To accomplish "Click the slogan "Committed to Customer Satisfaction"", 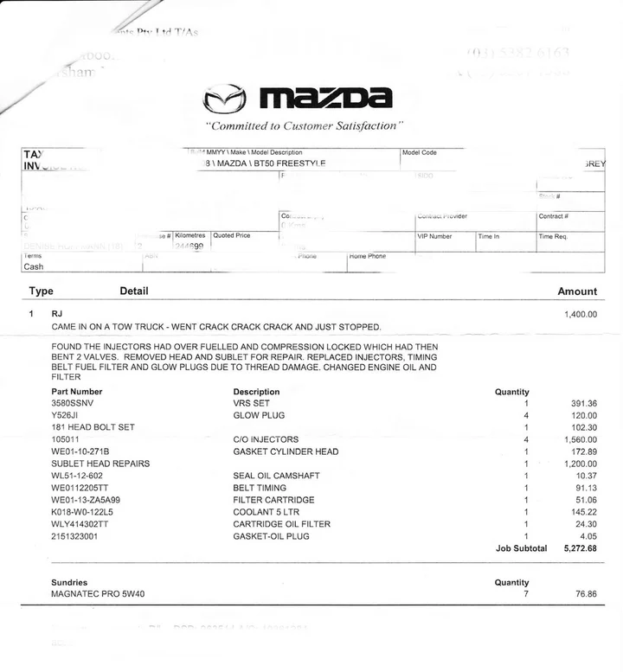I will coord(305,125).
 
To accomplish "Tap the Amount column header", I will coord(577,292).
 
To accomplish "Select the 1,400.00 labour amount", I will coord(580,314).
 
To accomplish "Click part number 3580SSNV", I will coord(75,404).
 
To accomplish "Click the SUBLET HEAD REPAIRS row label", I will coord(100,464).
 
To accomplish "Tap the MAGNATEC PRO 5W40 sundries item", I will coord(101,595).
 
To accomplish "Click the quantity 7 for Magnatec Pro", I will coord(525,595).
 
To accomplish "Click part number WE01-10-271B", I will coord(86,451).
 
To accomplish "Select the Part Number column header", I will coord(77,392).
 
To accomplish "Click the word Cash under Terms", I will coord(34,267).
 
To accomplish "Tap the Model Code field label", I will coord(420,152).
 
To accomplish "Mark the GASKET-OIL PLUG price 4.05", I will coord(588,536).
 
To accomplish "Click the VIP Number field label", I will coord(435,235).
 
